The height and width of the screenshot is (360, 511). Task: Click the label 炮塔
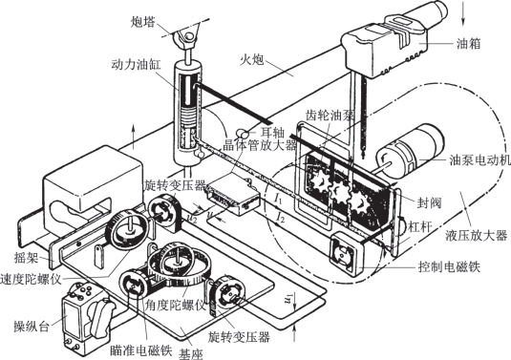click(142, 23)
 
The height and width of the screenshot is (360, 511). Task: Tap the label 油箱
click(469, 43)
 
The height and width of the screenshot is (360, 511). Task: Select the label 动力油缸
click(136, 65)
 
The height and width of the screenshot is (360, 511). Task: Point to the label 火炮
click(251, 60)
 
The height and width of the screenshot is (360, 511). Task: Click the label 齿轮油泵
click(330, 115)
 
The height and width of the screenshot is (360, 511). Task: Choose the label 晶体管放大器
click(260, 144)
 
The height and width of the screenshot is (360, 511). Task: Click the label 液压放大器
click(476, 235)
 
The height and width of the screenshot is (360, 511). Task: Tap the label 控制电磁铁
click(450, 267)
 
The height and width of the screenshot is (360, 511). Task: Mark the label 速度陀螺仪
click(31, 279)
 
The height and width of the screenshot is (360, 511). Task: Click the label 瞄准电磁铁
click(140, 350)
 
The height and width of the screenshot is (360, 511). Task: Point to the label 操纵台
click(32, 326)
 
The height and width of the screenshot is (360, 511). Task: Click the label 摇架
click(27, 258)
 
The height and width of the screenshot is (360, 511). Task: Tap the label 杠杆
click(420, 226)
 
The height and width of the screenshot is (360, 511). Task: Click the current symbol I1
click(278, 198)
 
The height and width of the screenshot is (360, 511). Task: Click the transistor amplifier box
click(233, 197)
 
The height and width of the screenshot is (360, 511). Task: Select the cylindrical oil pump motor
click(410, 152)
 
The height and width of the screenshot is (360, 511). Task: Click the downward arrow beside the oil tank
click(463, 13)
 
